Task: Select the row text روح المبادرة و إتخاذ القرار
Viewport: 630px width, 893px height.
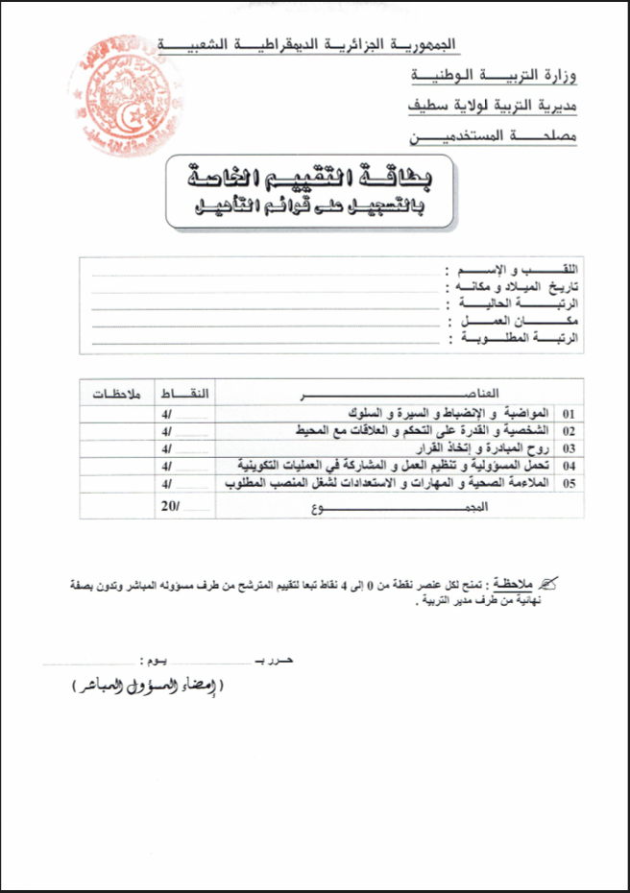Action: pyautogui.click(x=486, y=448)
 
